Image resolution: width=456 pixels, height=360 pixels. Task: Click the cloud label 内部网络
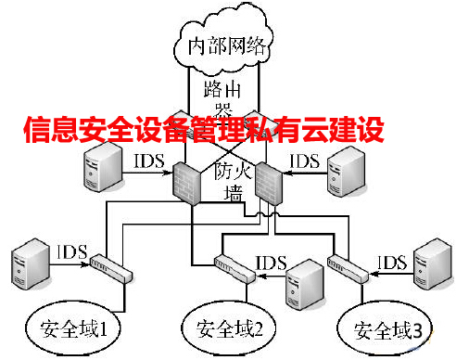[227, 45]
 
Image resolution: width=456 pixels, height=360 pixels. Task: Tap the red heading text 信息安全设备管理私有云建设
[203, 131]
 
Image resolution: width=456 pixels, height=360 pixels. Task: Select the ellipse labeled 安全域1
[80, 329]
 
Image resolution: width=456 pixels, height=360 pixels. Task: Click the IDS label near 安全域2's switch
[271, 261]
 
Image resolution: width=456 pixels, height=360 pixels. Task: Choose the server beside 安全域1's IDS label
[31, 264]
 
